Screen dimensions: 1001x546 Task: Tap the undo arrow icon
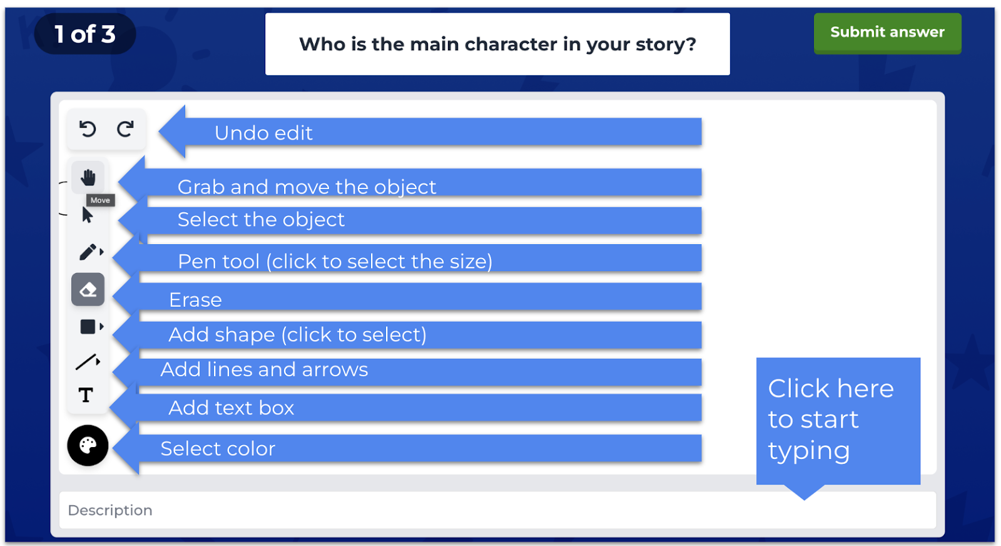[88, 129]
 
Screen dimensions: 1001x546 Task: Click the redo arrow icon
[125, 129]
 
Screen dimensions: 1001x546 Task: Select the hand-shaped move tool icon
[88, 177]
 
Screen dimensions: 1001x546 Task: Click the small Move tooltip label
[100, 200]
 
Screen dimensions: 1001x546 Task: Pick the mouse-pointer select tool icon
[88, 215]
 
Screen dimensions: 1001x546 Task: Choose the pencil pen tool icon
[88, 252]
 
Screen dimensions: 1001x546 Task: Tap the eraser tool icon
[88, 289]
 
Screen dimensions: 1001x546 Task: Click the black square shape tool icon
[88, 326]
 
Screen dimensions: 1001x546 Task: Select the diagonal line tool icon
[86, 362]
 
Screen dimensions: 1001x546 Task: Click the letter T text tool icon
[86, 395]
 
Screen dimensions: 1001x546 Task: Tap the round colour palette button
[88, 445]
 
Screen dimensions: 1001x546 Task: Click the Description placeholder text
[110, 510]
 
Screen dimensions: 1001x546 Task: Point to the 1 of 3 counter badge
[85, 34]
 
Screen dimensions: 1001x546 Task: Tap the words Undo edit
[263, 133]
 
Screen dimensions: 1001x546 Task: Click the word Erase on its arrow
[195, 299]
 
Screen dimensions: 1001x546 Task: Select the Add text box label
[231, 408]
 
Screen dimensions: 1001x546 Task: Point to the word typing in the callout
[809, 451]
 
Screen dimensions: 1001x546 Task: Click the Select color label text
[218, 448]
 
